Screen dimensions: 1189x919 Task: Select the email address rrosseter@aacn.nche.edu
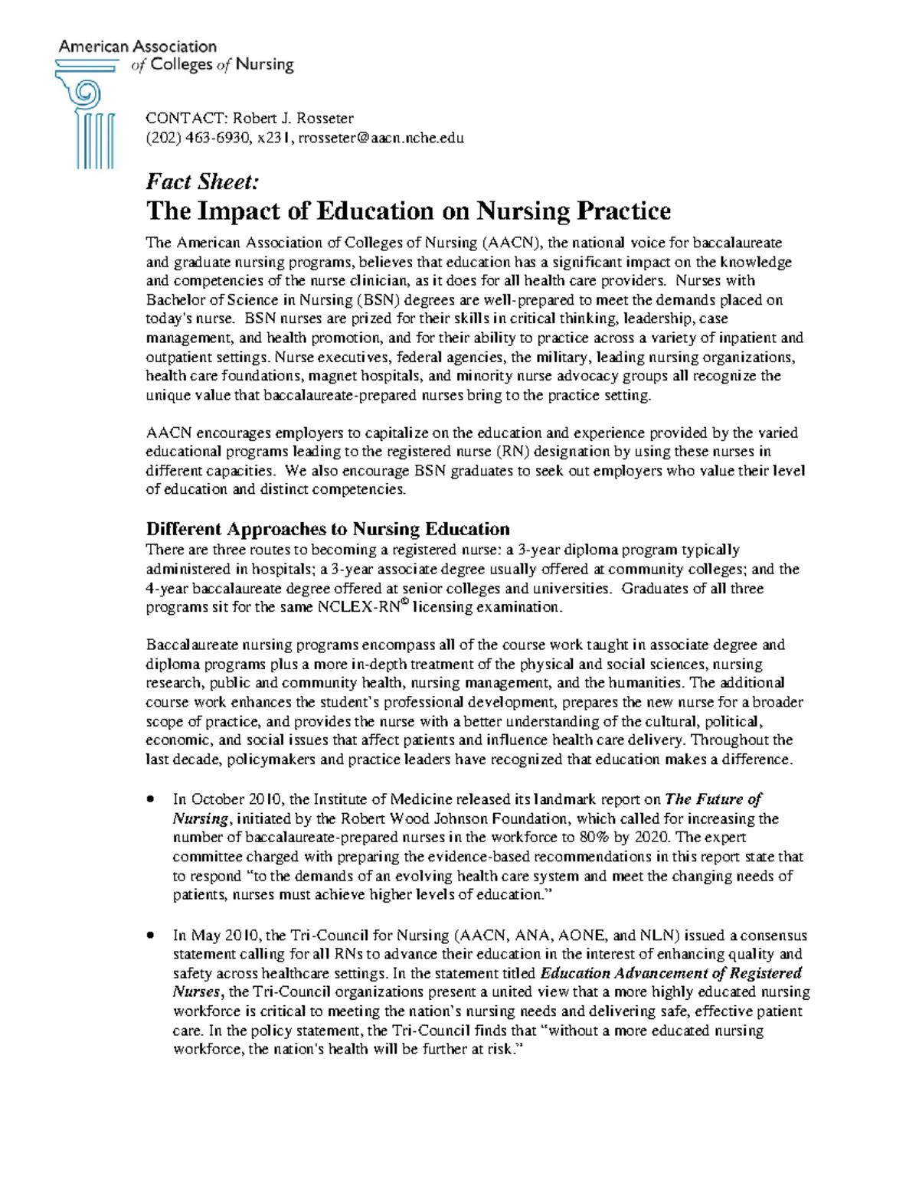coord(381,139)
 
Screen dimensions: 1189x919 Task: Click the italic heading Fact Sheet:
coord(203,182)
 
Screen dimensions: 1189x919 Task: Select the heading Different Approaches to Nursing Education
coord(328,529)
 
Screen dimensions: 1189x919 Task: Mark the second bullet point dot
coord(151,936)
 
